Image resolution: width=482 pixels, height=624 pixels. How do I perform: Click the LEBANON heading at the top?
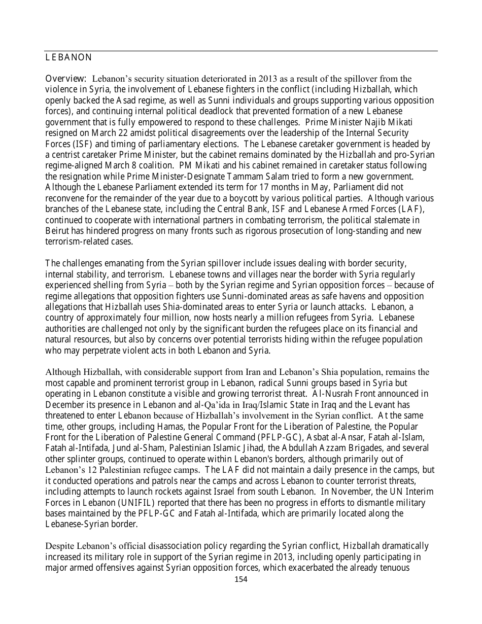pyautogui.click(x=68, y=57)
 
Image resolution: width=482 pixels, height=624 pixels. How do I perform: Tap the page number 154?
pyautogui.click(x=241, y=579)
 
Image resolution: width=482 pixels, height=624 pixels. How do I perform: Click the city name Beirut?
pyautogui.click(x=57, y=230)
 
